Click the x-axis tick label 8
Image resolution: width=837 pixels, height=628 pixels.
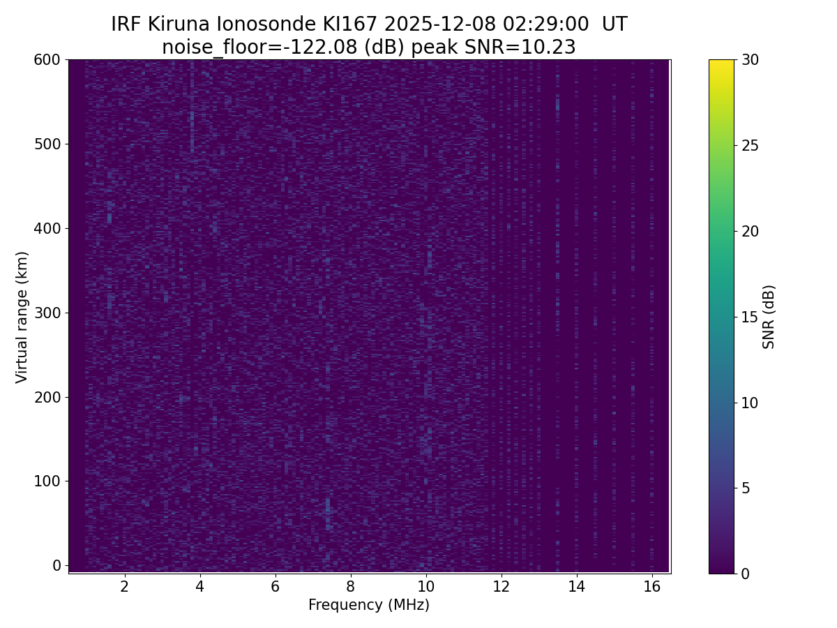pos(350,586)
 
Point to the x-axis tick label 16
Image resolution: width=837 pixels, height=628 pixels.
pos(651,586)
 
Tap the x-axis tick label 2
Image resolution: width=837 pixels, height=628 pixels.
pos(124,586)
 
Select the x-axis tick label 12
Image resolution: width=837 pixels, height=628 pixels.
pos(501,586)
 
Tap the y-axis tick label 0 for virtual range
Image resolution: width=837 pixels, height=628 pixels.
pos(57,565)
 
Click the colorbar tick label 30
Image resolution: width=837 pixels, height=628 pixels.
pos(751,60)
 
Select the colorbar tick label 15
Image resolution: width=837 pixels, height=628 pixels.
pos(751,317)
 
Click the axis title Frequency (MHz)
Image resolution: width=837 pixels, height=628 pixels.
pos(369,605)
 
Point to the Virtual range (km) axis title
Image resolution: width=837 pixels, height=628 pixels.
pos(22,317)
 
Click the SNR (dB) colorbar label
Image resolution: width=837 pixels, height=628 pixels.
pos(769,317)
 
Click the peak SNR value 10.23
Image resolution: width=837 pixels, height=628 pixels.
pos(551,47)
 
